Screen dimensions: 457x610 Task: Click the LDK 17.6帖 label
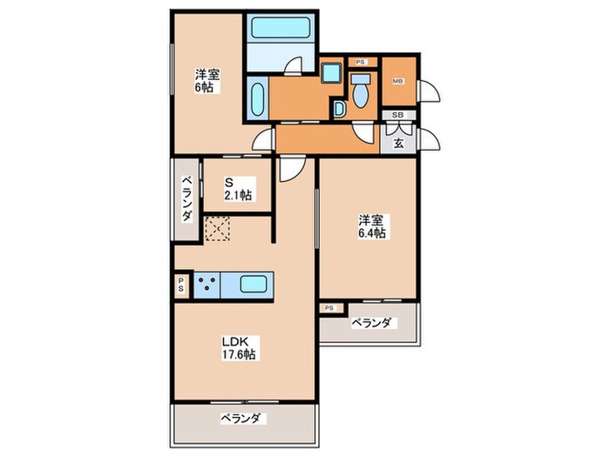coord(237,347)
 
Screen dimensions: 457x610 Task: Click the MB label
coord(397,82)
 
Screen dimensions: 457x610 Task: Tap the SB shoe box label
coord(397,115)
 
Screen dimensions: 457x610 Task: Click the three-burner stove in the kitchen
coord(207,285)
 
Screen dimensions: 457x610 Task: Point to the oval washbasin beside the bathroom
coord(259,100)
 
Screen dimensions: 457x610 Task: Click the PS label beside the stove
coord(180,285)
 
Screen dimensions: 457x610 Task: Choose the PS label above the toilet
coord(361,62)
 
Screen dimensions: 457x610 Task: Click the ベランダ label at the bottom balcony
coord(240,419)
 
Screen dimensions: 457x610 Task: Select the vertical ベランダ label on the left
coord(186,198)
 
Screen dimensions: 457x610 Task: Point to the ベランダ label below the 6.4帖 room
coord(372,324)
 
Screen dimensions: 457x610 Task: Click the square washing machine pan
coord(330,72)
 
